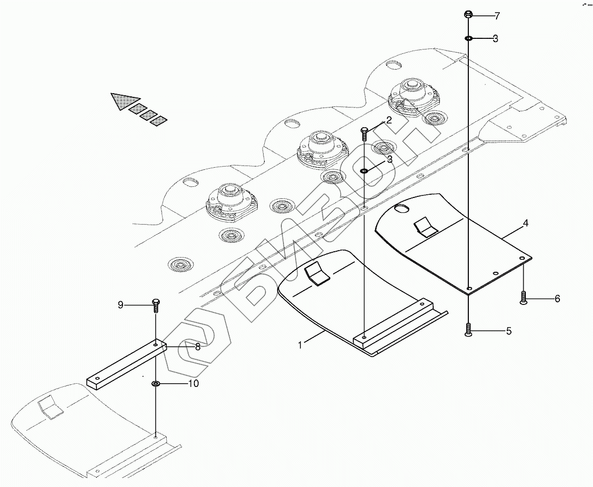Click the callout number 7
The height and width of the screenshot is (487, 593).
[497, 16]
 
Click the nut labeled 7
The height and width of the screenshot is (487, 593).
[468, 14]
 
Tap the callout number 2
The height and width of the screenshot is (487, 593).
[389, 120]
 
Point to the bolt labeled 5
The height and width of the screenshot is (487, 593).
[467, 331]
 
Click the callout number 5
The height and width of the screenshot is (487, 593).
[508, 331]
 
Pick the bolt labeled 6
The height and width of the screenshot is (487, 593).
[523, 298]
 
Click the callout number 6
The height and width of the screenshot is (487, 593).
[557, 299]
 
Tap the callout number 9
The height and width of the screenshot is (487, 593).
[120, 304]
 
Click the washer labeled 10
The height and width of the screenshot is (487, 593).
[156, 383]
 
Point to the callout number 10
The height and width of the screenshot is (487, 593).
[193, 383]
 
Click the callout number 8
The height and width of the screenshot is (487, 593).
[197, 347]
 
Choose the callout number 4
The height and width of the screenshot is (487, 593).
[525, 224]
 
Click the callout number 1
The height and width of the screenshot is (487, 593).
[300, 345]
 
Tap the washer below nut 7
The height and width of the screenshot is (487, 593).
[468, 38]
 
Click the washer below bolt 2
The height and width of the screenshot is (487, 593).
[364, 171]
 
